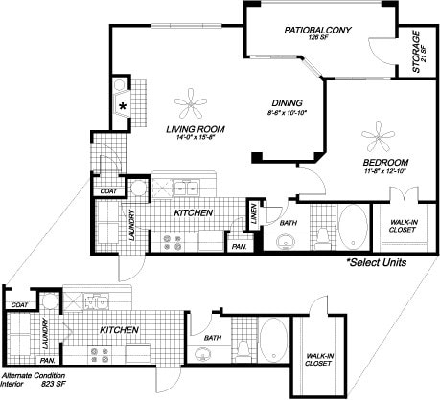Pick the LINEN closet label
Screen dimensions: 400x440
pos(253,216)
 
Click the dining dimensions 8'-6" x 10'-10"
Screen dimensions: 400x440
pos(287,113)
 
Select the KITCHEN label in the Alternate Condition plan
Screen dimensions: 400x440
pos(121,330)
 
